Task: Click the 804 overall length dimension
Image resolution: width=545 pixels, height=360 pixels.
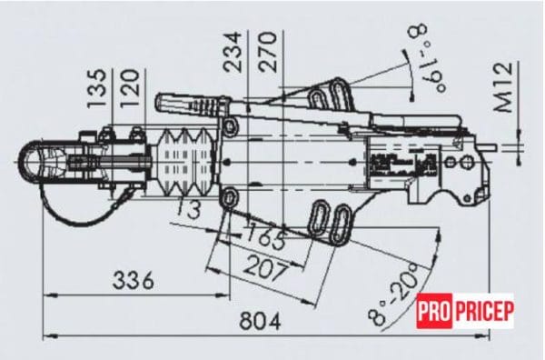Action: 261,321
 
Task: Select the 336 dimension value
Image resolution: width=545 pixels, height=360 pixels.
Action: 134,280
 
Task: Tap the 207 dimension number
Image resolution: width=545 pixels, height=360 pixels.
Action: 265,267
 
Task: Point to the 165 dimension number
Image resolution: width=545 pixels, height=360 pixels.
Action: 267,236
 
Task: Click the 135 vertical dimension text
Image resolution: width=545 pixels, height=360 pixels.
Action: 96,88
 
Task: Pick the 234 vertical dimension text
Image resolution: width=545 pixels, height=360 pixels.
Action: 232,52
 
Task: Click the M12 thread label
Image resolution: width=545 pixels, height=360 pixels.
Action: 503,87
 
